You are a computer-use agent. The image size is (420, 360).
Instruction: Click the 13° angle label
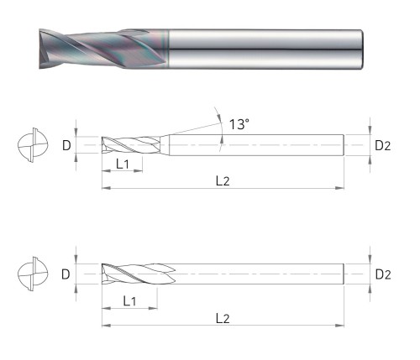[239, 124]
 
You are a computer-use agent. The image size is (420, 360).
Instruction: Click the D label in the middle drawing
[66, 145]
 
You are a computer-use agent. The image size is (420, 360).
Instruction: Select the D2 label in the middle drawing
[382, 146]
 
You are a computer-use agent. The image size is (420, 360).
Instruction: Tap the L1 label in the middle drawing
[123, 164]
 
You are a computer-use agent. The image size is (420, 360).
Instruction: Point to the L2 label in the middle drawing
[223, 181]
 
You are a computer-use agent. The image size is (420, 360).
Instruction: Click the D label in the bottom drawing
[66, 274]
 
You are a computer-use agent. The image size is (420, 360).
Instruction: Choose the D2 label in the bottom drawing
[383, 274]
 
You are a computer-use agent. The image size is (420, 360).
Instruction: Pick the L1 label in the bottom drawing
[129, 301]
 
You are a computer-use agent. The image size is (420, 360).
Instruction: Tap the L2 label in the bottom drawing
[223, 318]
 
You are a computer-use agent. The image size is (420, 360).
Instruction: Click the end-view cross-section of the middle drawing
[33, 145]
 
